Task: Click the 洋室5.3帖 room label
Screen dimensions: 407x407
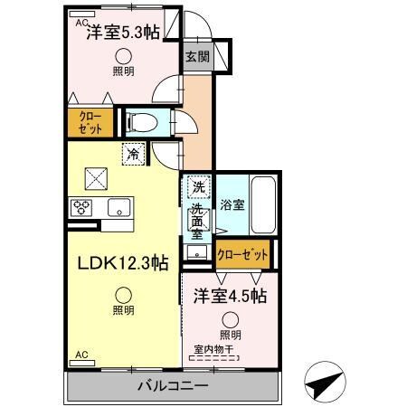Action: [123, 33]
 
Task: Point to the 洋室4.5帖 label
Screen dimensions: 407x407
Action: [227, 296]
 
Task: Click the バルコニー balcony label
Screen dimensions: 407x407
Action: [173, 387]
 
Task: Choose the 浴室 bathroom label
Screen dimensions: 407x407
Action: [232, 205]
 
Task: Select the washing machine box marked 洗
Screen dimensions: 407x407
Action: [197, 188]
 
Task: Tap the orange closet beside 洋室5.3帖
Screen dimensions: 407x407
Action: [90, 121]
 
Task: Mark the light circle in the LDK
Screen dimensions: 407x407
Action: [123, 294]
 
